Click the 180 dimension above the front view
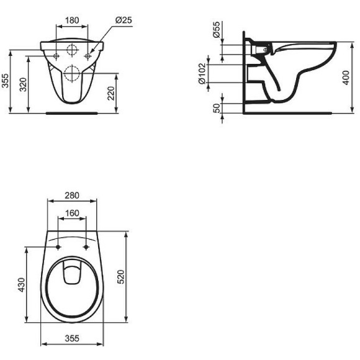coord(73,19)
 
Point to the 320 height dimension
coord(23,84)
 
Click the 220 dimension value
coord(110,93)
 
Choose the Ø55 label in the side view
coord(216,31)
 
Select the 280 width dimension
coord(73,195)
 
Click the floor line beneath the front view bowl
coord(73,114)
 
